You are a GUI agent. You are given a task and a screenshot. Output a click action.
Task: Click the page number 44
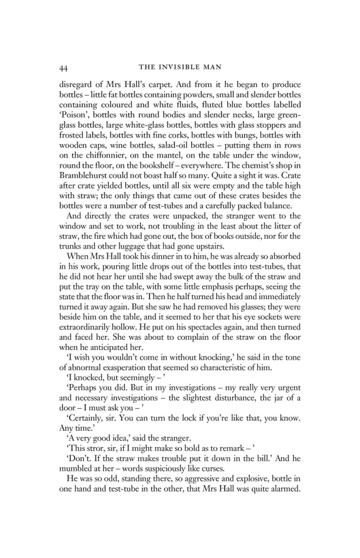pyautogui.click(x=64, y=68)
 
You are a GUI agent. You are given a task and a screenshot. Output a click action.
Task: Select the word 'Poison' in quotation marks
pyautogui.click(x=72, y=115)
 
